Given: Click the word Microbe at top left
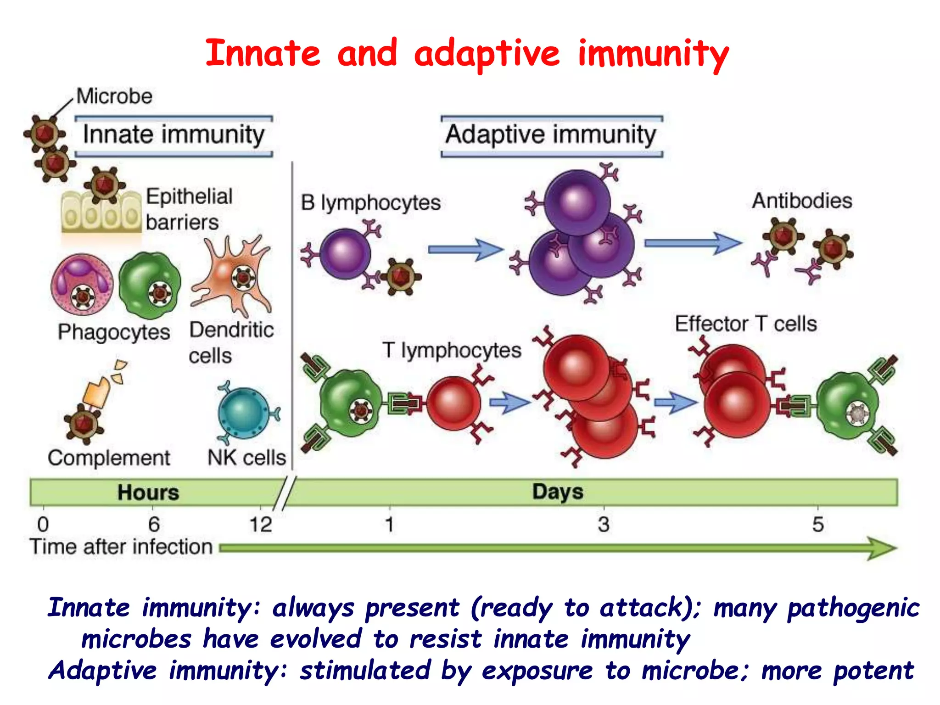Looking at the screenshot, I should (114, 96).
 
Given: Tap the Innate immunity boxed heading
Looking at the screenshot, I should (173, 135).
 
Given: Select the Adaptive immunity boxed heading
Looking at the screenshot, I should (551, 135).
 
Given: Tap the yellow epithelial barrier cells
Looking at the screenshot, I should (101, 214).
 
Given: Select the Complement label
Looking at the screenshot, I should (109, 458).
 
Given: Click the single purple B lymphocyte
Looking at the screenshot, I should (345, 254).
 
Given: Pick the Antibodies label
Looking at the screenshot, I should (802, 201).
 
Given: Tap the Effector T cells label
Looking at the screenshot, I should (746, 324).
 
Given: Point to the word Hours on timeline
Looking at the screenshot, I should (148, 492).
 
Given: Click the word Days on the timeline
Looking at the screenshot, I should (558, 492).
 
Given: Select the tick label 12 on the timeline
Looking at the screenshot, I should (260, 525).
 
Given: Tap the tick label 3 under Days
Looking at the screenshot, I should (604, 524).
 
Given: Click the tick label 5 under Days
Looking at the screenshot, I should (818, 524).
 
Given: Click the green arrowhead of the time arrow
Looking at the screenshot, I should (881, 548).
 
